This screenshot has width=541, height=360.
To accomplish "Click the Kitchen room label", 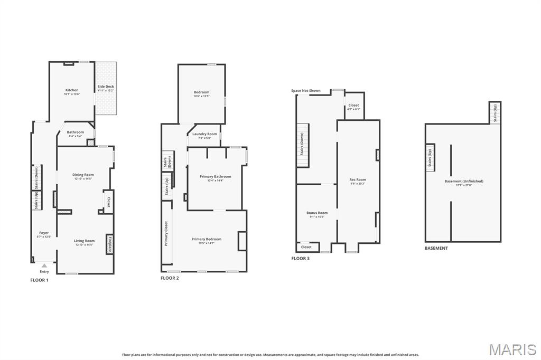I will coord(72,90).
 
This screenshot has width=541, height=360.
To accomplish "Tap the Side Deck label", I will coord(106,87).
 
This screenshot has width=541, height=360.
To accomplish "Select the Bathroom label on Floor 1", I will coord(76,132).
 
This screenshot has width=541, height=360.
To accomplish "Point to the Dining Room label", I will coord(83,175).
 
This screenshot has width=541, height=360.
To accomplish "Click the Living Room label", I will coord(85,241).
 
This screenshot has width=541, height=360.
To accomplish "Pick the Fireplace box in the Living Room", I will coord(110,244).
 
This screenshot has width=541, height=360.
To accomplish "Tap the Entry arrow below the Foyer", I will coord(44,266).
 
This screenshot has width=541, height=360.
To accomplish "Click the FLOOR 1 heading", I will coord(39,280).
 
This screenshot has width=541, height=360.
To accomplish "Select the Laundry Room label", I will coord(204,134).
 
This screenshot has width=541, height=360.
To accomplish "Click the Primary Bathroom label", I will coord(215,176).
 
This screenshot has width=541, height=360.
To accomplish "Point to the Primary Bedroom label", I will coord(207,239).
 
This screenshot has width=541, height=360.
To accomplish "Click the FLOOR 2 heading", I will coord(170,278).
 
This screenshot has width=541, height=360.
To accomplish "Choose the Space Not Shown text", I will coord(306,91).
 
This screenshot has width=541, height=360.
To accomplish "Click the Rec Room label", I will coord(358,179).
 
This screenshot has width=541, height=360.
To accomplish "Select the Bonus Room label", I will coord(317,213).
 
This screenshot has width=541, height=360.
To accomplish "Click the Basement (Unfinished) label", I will coord(464,181).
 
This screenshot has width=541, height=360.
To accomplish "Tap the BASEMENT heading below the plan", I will coord(436,248).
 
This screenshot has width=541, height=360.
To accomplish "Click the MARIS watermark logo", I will coord(512,349).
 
